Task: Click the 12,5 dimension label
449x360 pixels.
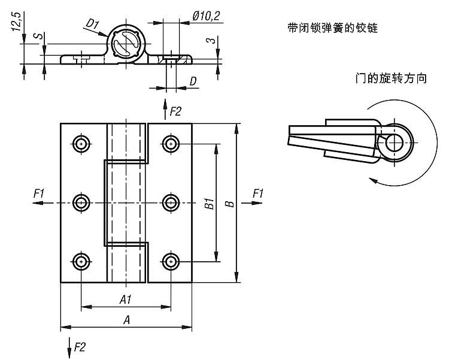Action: (16, 22)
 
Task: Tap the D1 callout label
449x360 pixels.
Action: (92, 23)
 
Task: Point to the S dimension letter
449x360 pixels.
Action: (37, 37)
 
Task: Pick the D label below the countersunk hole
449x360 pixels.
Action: (193, 81)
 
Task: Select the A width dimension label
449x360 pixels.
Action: (126, 320)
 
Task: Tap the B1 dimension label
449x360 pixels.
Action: (209, 203)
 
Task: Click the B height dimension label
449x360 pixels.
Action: (229, 204)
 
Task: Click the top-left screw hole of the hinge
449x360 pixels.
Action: (81, 144)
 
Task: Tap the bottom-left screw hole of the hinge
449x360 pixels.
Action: (81, 261)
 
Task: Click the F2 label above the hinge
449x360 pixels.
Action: (175, 111)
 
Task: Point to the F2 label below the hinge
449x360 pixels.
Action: (80, 346)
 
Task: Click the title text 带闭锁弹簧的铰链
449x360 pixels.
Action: (332, 28)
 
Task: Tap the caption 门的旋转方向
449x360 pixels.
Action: (390, 78)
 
